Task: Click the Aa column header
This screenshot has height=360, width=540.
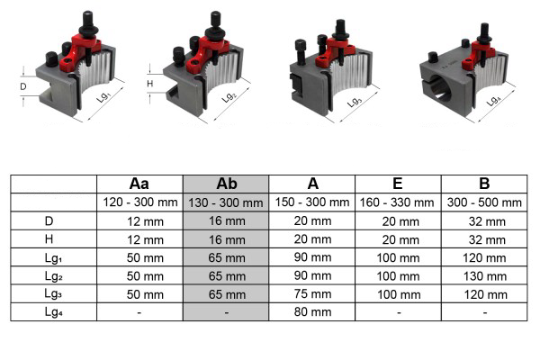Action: point(139,184)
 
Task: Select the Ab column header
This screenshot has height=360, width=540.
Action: point(227,184)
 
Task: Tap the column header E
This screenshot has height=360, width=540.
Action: point(398,184)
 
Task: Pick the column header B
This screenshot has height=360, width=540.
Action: point(484,184)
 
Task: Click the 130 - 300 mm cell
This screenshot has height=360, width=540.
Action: point(226,202)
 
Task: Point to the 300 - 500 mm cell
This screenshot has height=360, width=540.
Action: point(484,202)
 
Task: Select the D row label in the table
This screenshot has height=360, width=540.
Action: point(49,220)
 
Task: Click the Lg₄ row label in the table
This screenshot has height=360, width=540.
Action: point(53,312)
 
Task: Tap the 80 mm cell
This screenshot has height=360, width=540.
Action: point(312,311)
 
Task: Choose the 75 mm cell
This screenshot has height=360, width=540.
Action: point(312,294)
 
